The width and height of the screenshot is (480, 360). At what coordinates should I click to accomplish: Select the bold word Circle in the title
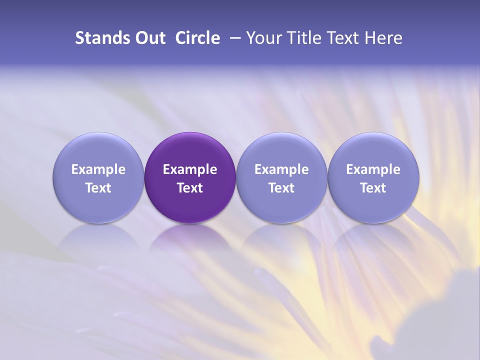(197, 38)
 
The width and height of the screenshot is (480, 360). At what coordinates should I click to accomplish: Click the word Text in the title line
(341, 38)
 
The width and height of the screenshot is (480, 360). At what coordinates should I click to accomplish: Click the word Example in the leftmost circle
(98, 169)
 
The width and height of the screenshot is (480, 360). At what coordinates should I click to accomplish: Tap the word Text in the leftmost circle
(98, 188)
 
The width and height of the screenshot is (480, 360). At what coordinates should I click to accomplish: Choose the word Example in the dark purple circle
(190, 169)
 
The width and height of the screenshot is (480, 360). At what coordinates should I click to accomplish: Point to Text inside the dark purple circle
(190, 188)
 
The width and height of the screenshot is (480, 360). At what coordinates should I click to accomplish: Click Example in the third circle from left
(281, 169)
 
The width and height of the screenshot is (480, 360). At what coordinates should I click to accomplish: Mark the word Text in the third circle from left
(281, 188)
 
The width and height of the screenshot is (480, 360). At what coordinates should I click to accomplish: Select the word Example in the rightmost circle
(373, 169)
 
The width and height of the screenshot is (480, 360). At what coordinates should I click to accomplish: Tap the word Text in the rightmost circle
(373, 188)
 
